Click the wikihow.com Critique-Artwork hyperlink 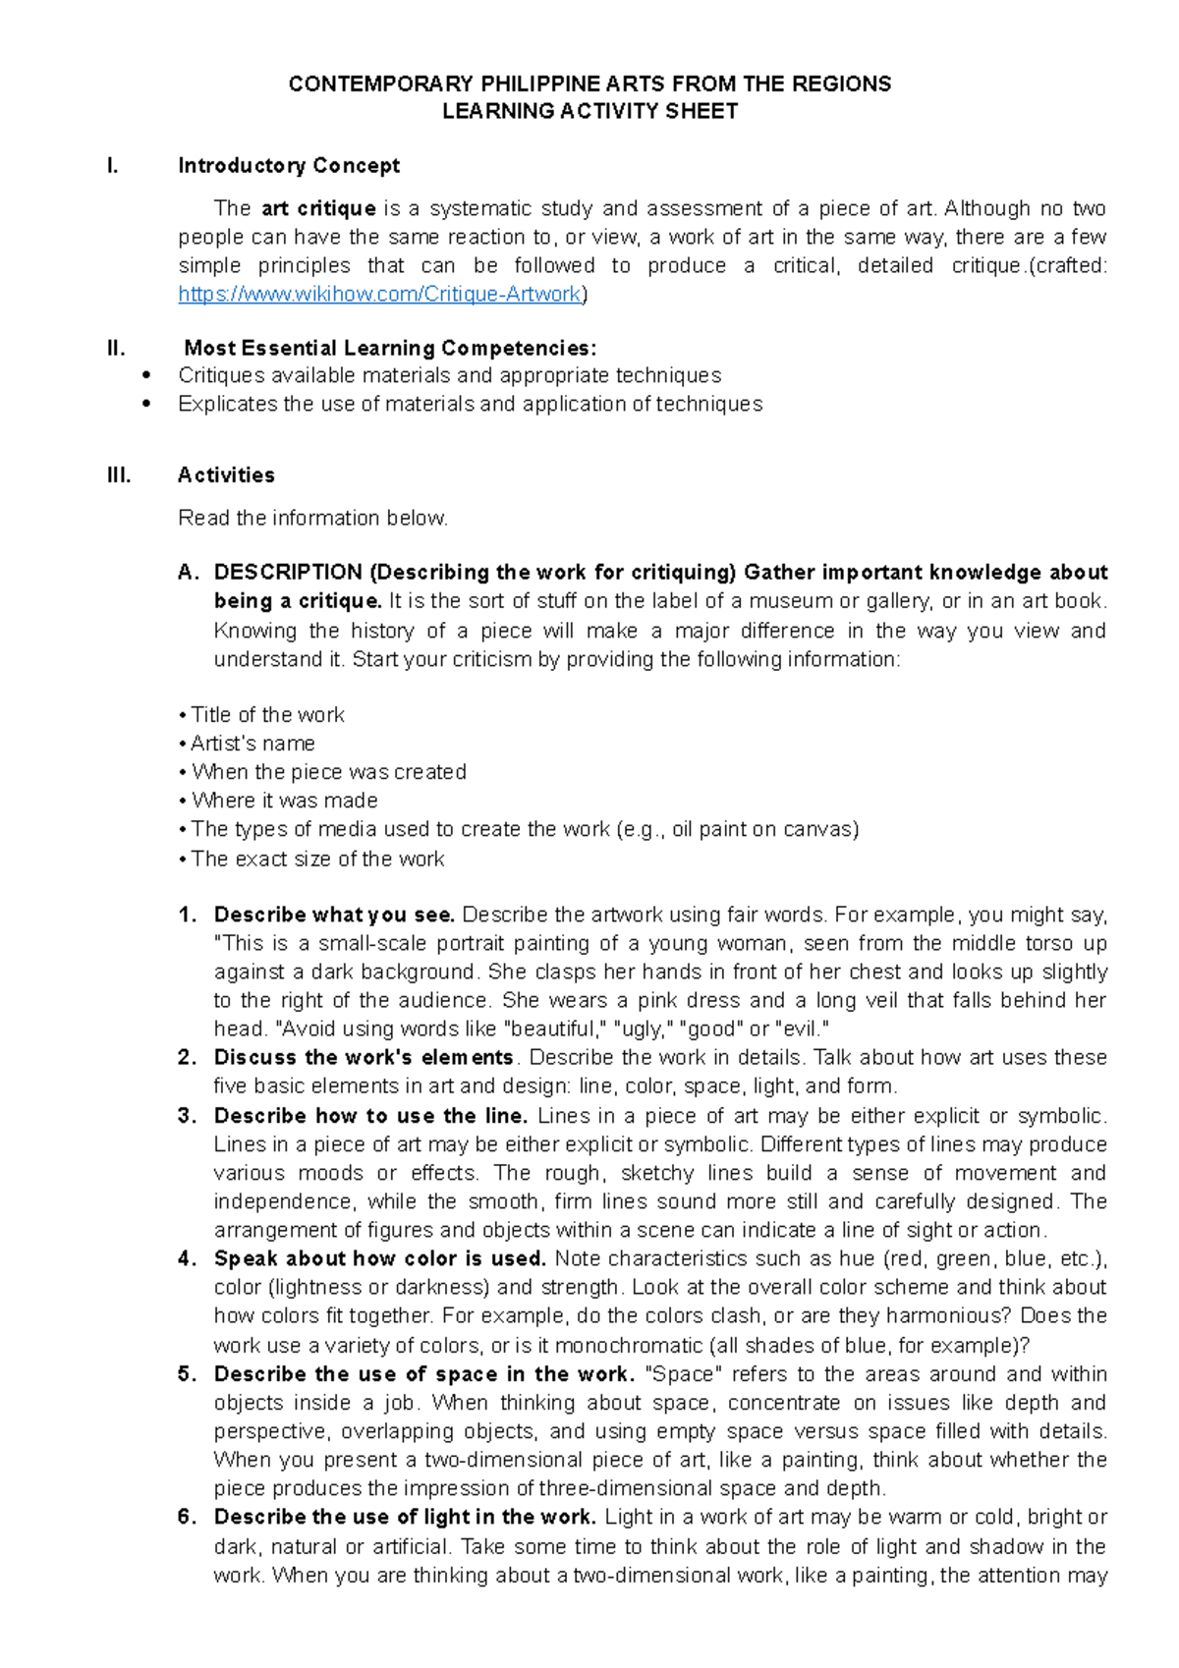pyautogui.click(x=380, y=294)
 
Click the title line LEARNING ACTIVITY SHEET pyautogui.click(x=589, y=111)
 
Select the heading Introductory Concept pyautogui.click(x=288, y=165)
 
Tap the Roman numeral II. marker pyautogui.click(x=116, y=348)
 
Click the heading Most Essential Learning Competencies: pyautogui.click(x=390, y=348)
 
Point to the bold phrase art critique pyautogui.click(x=318, y=208)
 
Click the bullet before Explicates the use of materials pyautogui.click(x=146, y=404)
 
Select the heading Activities pyautogui.click(x=226, y=475)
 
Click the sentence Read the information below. pyautogui.click(x=312, y=518)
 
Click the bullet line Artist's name pyautogui.click(x=253, y=744)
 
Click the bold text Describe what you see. pyautogui.click(x=334, y=915)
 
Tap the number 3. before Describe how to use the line pyautogui.click(x=188, y=1116)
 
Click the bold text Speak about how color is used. pyautogui.click(x=379, y=1258)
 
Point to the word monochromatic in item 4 pyautogui.click(x=621, y=1346)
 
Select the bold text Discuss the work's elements pyautogui.click(x=364, y=1058)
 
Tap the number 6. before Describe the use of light pyautogui.click(x=188, y=1517)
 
